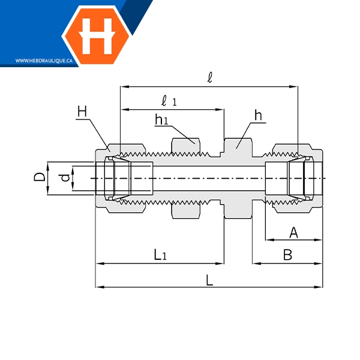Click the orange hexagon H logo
(97, 36)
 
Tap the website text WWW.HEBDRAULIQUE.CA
(44, 61)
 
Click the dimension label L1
(160, 254)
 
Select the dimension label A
(293, 233)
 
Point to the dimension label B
(287, 254)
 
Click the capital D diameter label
(40, 177)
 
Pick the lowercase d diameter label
(65, 178)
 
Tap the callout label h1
(161, 119)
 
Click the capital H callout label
(82, 112)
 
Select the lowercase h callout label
(258, 115)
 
